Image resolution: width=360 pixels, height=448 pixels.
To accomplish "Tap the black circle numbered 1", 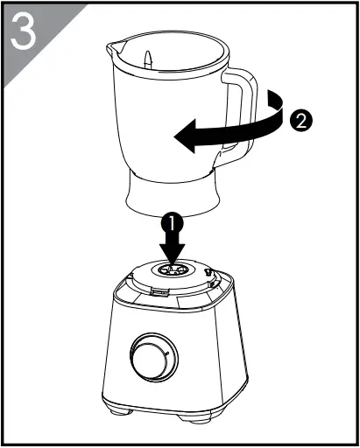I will pyautogui.click(x=173, y=224).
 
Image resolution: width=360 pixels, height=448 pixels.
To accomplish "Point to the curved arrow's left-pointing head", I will pyautogui.click(x=182, y=136).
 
